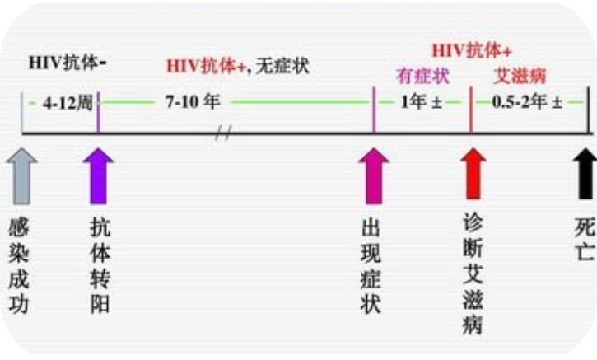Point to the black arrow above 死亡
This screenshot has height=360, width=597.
pyautogui.click(x=584, y=172)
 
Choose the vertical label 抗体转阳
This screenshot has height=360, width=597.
pyautogui.click(x=100, y=266)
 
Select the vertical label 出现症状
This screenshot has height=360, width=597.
pyautogui.click(x=371, y=266)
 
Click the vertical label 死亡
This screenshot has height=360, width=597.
pyautogui.click(x=584, y=239)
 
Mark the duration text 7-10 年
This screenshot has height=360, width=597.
pyautogui.click(x=192, y=104)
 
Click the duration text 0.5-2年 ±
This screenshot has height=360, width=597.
pyautogui.click(x=527, y=104)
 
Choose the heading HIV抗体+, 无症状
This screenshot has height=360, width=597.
pyautogui.click(x=238, y=66)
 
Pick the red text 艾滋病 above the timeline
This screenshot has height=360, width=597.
pyautogui.click(x=520, y=77)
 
